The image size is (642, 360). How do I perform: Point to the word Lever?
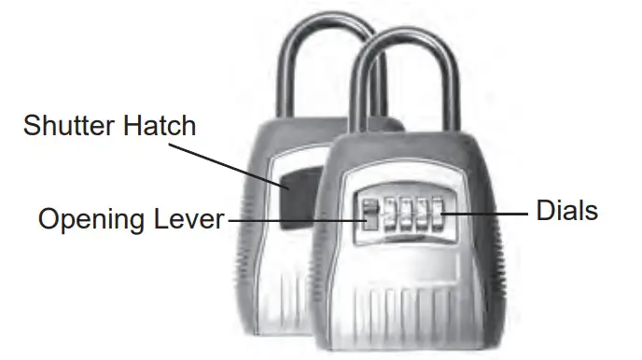click(190, 219)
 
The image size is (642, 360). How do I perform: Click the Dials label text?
click(566, 212)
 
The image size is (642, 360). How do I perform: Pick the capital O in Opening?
click(48, 219)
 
